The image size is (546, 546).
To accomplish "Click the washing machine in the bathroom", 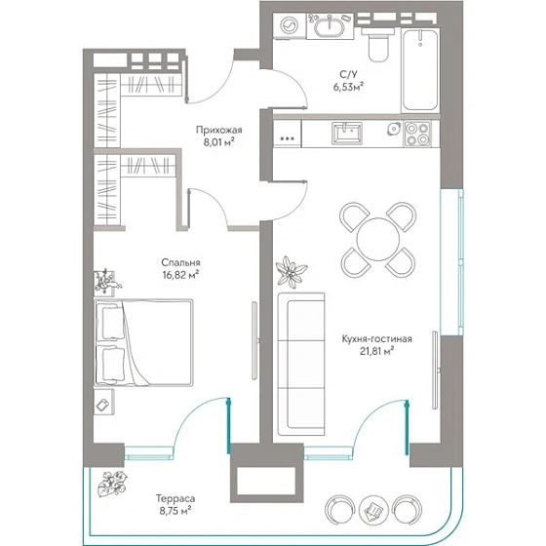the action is [x=290, y=25].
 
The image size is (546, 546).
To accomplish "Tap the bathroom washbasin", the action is [x=330, y=25].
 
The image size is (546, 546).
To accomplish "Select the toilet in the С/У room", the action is [x=378, y=44].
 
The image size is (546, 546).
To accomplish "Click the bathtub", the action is [x=420, y=70].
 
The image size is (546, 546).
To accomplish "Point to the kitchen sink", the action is [x=347, y=133].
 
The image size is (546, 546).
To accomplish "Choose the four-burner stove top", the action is [x=417, y=134].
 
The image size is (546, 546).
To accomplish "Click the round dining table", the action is [x=378, y=239].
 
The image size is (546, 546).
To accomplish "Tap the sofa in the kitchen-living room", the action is [x=301, y=364].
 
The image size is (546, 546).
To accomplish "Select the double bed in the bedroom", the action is [x=144, y=342].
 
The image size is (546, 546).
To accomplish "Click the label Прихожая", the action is [x=219, y=131].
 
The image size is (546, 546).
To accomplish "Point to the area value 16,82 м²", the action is [x=180, y=275].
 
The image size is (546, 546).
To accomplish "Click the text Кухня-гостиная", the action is [x=376, y=339].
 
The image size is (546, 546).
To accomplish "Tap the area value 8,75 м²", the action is [x=175, y=511].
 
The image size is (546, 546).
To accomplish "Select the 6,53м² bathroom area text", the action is [x=349, y=87].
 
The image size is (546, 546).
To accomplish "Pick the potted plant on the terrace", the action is [x=113, y=483].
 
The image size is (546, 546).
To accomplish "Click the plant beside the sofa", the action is [x=292, y=272].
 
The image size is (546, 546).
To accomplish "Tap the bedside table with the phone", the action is [x=104, y=402].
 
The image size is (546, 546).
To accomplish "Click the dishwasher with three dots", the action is [x=288, y=135].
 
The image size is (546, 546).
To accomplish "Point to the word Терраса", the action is [x=175, y=498].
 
